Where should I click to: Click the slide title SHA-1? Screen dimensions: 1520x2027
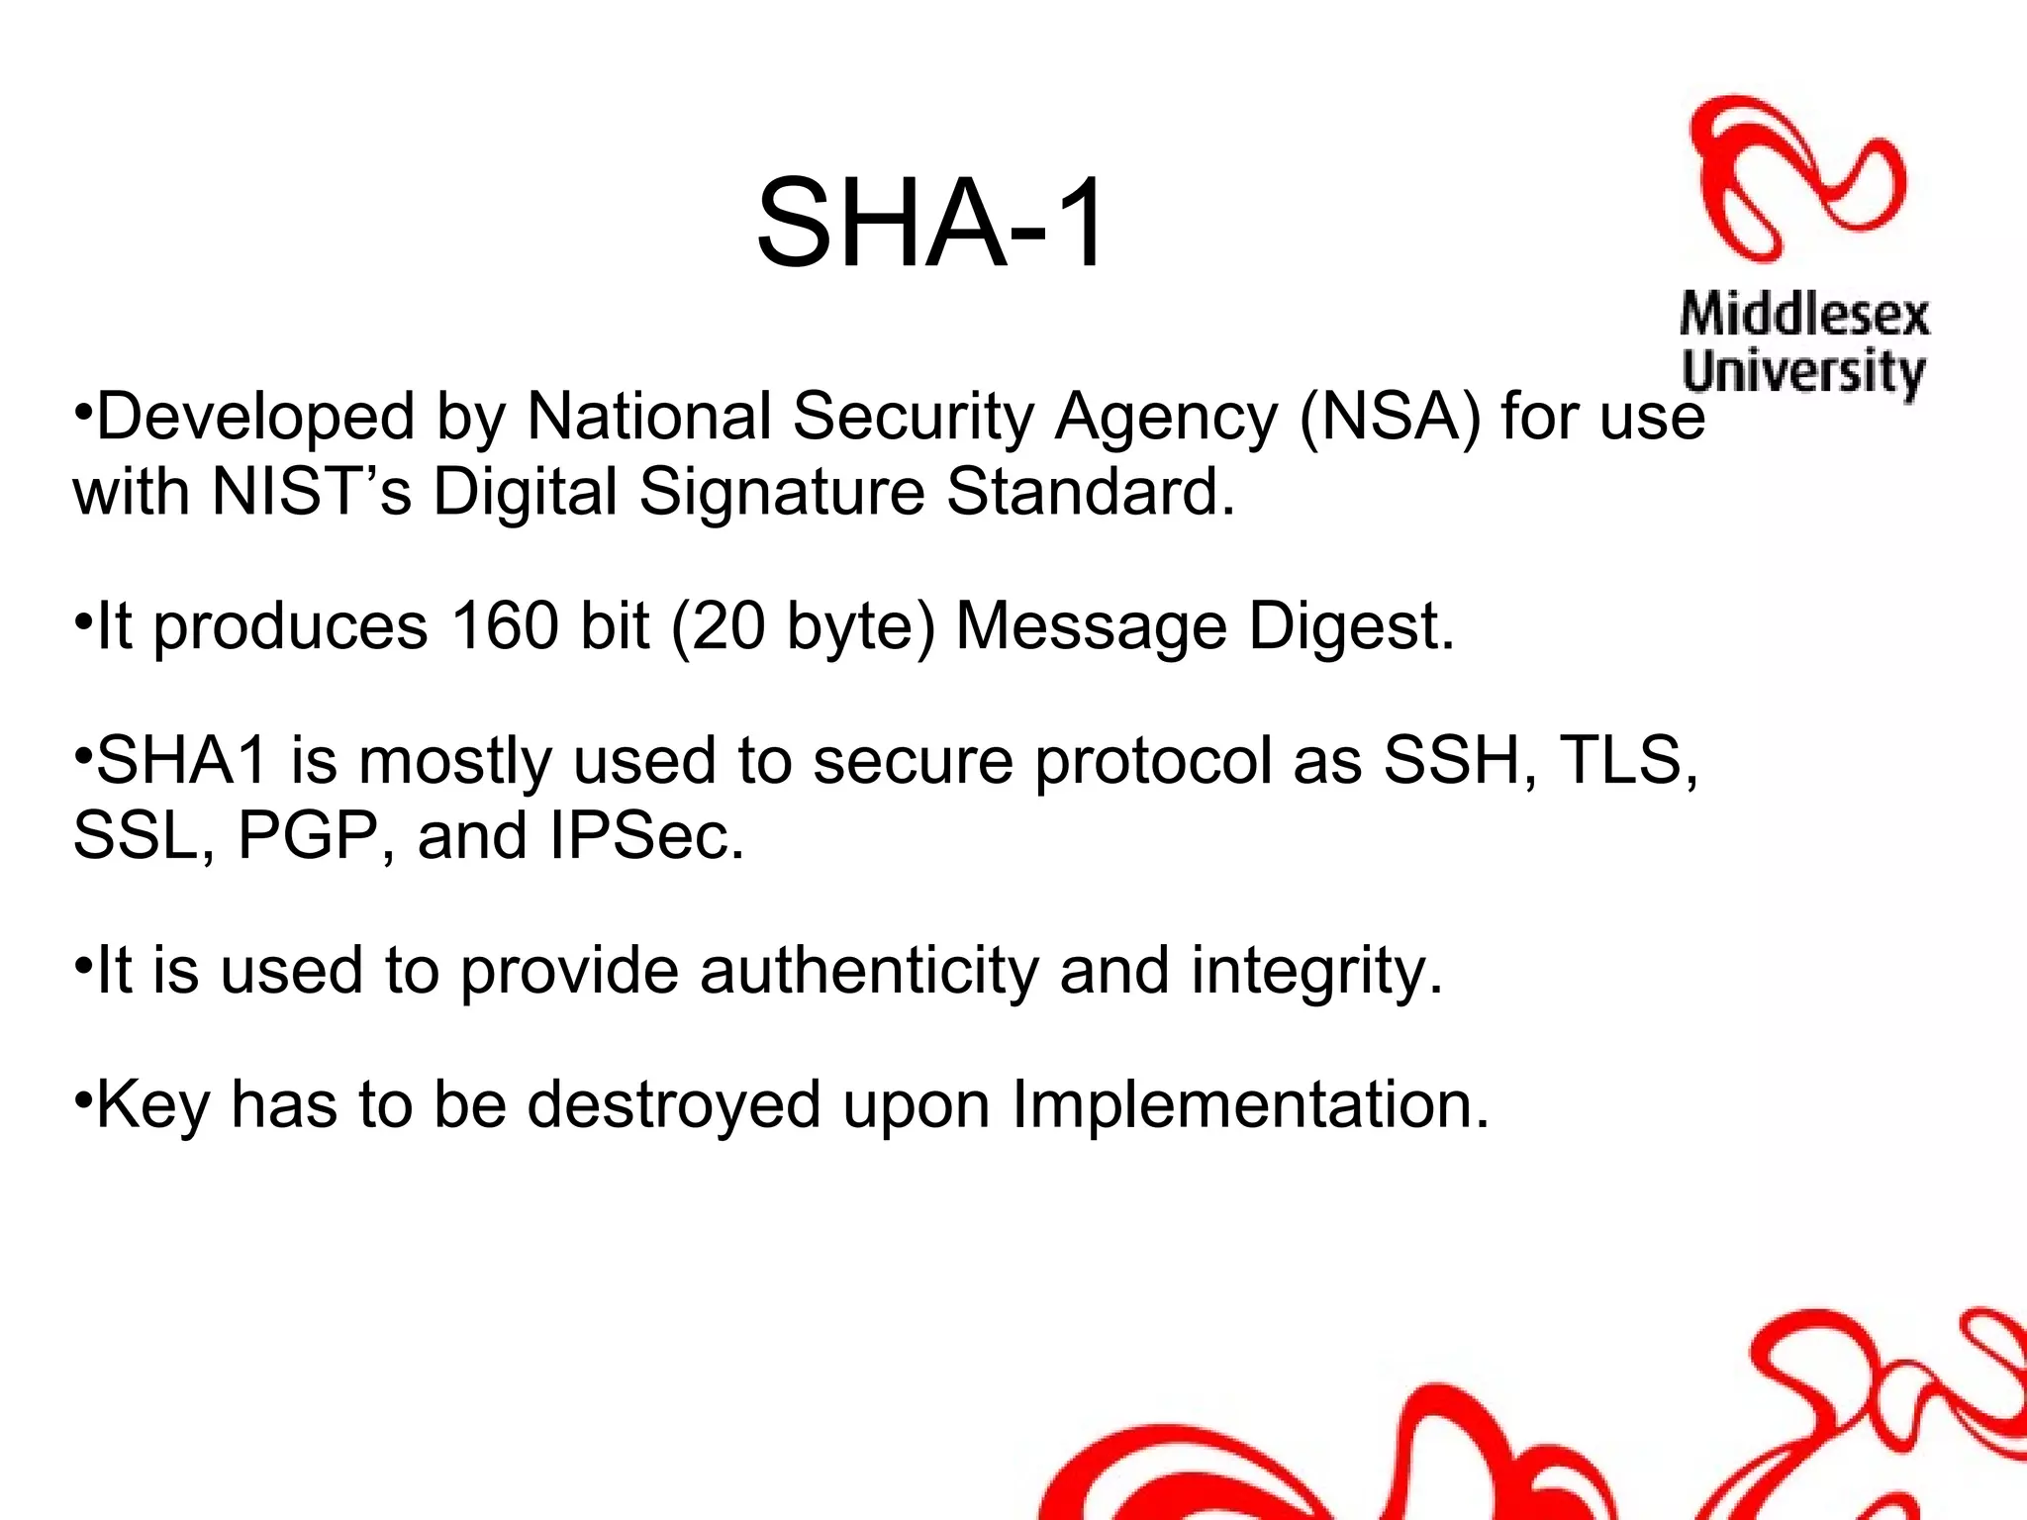[930, 223]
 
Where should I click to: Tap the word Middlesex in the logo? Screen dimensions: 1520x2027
[1804, 316]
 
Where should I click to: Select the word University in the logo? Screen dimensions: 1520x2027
[1803, 373]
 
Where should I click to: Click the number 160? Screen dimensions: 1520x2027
[505, 626]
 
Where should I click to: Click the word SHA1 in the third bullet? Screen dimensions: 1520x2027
[182, 761]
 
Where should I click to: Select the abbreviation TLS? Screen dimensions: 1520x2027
[1629, 762]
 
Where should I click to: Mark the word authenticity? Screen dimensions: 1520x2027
[869, 971]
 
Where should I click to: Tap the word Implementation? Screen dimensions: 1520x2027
[1250, 1106]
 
